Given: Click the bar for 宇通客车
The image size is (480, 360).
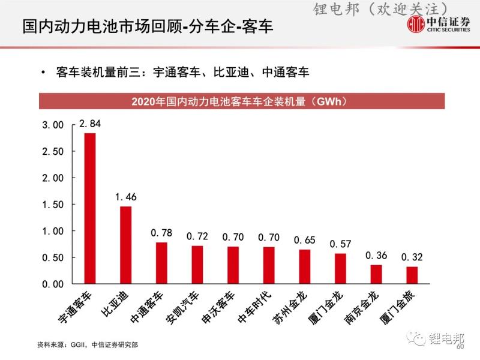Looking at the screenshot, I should [90, 208].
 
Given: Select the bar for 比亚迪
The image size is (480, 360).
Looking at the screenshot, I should [125, 245].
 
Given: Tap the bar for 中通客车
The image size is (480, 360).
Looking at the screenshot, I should [161, 263].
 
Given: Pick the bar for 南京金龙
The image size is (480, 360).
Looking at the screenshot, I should [376, 274].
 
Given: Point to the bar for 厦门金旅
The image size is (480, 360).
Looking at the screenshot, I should [412, 275].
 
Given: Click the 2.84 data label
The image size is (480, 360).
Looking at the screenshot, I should [90, 125].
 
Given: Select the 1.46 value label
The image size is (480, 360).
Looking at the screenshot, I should [126, 197].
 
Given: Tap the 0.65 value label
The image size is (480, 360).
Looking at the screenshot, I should [305, 240].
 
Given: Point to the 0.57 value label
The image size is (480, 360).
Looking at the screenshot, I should [340, 244].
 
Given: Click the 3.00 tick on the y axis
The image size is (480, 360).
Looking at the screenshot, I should [52, 125].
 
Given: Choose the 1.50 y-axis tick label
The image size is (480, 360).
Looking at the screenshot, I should [52, 205].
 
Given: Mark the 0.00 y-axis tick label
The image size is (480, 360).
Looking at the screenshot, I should [52, 284].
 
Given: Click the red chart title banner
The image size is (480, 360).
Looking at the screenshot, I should [242, 101].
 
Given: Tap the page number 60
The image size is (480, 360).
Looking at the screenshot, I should [460, 347].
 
